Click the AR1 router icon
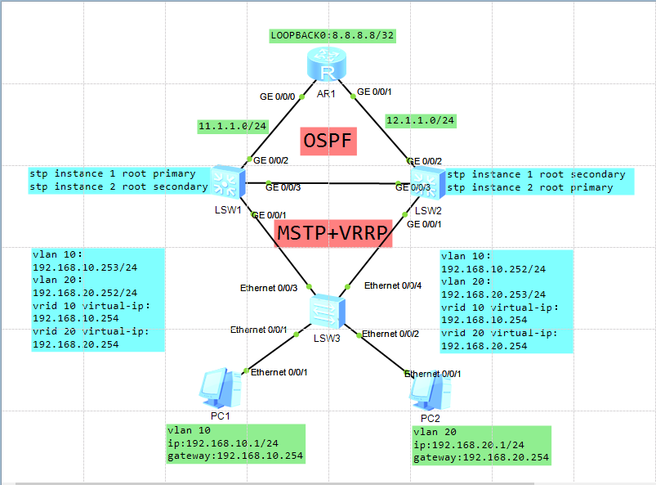pyautogui.click(x=327, y=65)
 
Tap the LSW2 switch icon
pyautogui.click(x=426, y=182)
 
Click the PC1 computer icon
pyautogui.click(x=217, y=386)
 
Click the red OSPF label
pyautogui.click(x=328, y=141)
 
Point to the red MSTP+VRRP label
pyautogui.click(x=333, y=232)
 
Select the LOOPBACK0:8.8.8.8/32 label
pyautogui.click(x=334, y=36)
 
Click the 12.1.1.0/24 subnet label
pyautogui.click(x=420, y=120)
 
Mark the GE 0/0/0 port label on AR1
pyautogui.click(x=277, y=97)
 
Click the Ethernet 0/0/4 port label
pyautogui.click(x=393, y=285)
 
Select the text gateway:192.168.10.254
pyautogui.click(x=235, y=456)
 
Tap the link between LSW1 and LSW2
pyautogui.click(x=327, y=183)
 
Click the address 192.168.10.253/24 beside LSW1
pyautogui.click(x=85, y=267)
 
